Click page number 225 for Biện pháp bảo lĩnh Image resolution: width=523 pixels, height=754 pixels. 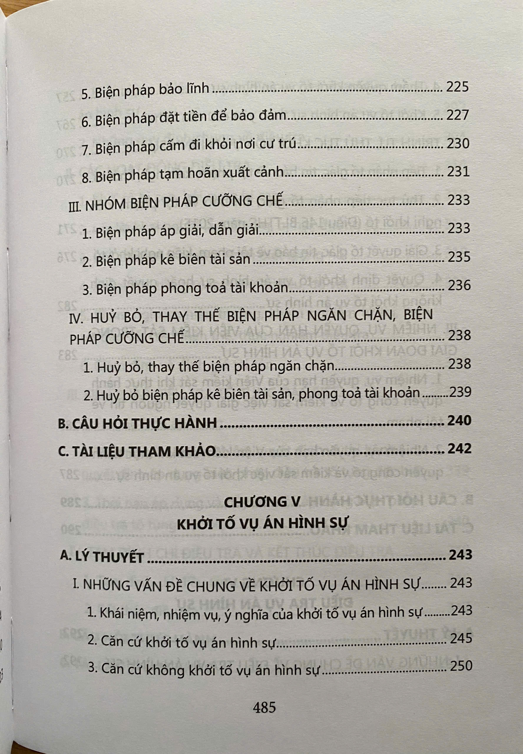457,87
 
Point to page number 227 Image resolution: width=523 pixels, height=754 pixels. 457,116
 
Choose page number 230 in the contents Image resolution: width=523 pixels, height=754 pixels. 457,144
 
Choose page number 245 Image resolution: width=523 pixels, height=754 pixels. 461,638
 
